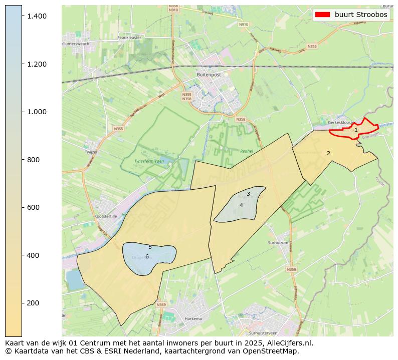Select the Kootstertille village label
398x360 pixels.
(105, 216)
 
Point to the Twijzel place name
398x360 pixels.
(91, 151)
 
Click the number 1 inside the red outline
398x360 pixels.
(356, 130)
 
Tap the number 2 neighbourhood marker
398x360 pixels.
(328, 153)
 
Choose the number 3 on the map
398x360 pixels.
(248, 194)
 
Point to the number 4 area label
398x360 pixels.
(241, 205)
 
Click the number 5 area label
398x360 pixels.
(150, 247)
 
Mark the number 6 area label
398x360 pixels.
(147, 256)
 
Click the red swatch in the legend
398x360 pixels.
(322, 15)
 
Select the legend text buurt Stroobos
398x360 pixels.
(361, 15)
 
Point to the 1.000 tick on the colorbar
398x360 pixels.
(37, 112)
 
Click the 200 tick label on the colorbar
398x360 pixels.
(34, 303)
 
